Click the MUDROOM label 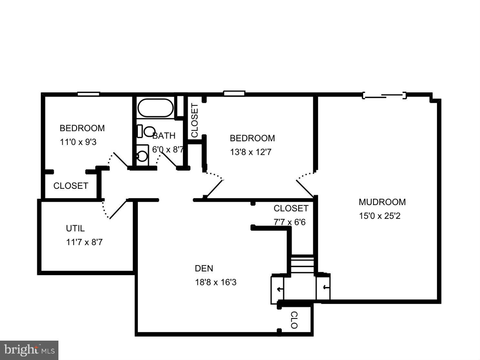[382, 202]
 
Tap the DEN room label [204, 268]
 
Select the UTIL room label [75, 229]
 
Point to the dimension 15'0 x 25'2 [380, 216]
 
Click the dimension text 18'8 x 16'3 [216, 283]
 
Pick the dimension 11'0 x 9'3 [78, 142]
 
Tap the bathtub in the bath [155, 108]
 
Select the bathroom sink [142, 156]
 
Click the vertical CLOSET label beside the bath [195, 120]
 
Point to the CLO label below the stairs [294, 320]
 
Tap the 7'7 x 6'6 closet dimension [289, 222]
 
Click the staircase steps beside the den [302, 264]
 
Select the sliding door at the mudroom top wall [384, 95]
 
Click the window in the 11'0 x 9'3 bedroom [88, 94]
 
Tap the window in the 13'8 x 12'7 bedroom [234, 94]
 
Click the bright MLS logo [29, 350]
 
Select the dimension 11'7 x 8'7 [84, 242]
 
